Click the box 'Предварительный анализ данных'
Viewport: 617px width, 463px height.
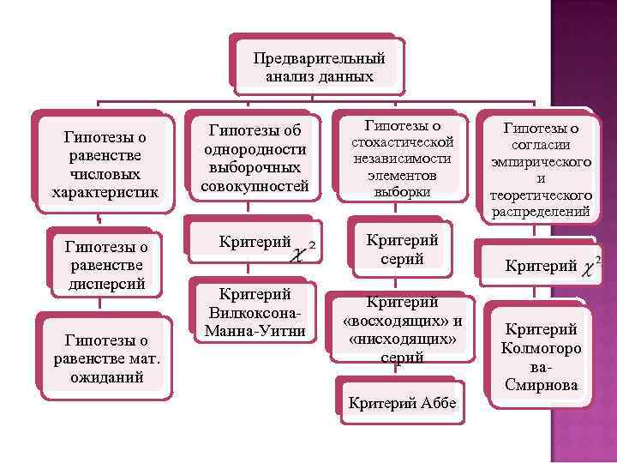(x=319, y=67)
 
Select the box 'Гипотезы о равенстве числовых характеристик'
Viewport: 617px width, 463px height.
(x=105, y=164)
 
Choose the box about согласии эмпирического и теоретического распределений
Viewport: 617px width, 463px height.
(x=540, y=169)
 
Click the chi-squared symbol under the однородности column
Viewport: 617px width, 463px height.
(x=303, y=250)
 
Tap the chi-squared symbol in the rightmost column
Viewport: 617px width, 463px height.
(x=590, y=268)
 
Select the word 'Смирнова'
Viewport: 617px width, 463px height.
(x=541, y=385)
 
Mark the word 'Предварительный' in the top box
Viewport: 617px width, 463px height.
(x=319, y=58)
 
